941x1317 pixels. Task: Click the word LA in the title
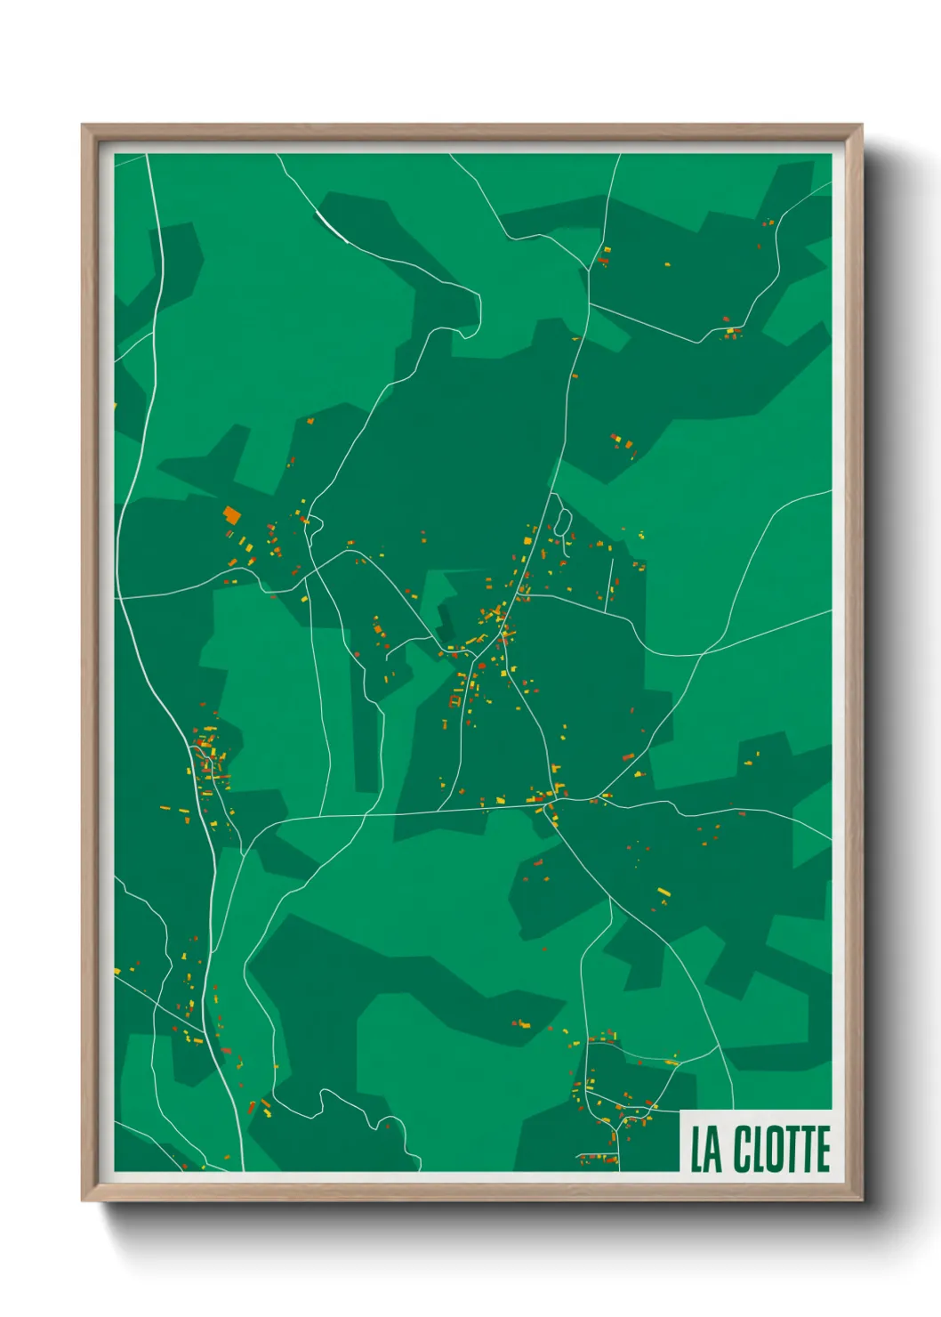coord(706,1149)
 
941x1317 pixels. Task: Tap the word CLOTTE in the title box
coord(782,1149)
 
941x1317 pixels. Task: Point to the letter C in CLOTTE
coord(743,1149)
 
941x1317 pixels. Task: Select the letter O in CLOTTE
coord(772,1149)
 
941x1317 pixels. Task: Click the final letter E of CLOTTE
coord(822,1149)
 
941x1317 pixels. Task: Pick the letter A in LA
coord(713,1149)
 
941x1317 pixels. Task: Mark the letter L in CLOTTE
coord(757,1149)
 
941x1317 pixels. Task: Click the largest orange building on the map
coord(232,514)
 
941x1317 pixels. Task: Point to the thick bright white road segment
coord(331,226)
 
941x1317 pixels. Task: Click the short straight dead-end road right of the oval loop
coord(611,583)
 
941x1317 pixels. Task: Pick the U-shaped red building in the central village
coord(455,700)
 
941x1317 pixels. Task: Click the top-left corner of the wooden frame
coord(84,126)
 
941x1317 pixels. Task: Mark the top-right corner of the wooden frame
coord(860,126)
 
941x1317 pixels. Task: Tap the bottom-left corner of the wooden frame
coord(84,1199)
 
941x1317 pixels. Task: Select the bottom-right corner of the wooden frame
coord(860,1199)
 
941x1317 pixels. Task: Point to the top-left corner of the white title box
coord(680,1111)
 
